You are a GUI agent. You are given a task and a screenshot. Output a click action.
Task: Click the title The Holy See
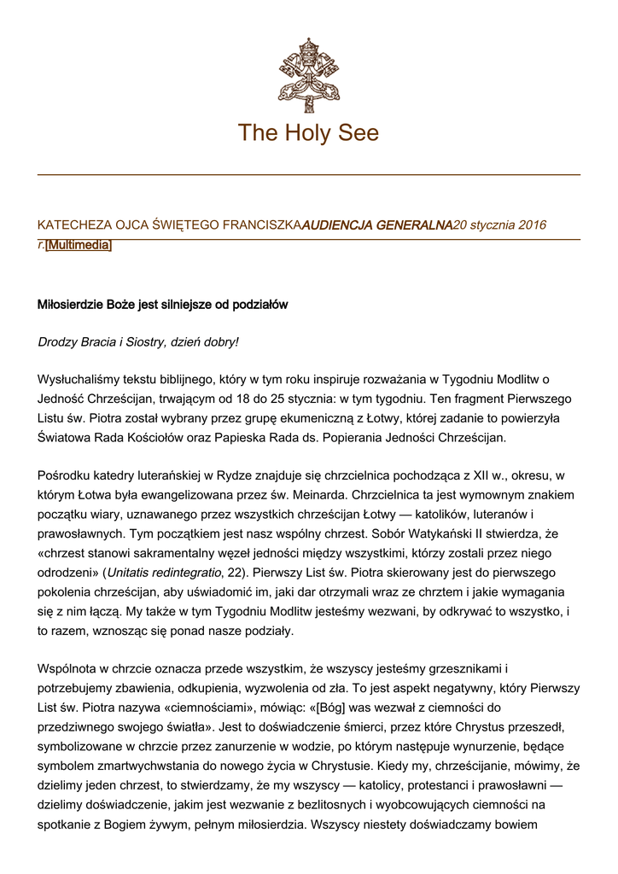pyautogui.click(x=308, y=133)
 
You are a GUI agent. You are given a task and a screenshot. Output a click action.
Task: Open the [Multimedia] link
pyautogui.click(x=79, y=246)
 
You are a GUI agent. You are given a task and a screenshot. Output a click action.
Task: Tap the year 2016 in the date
pyautogui.click(x=531, y=224)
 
